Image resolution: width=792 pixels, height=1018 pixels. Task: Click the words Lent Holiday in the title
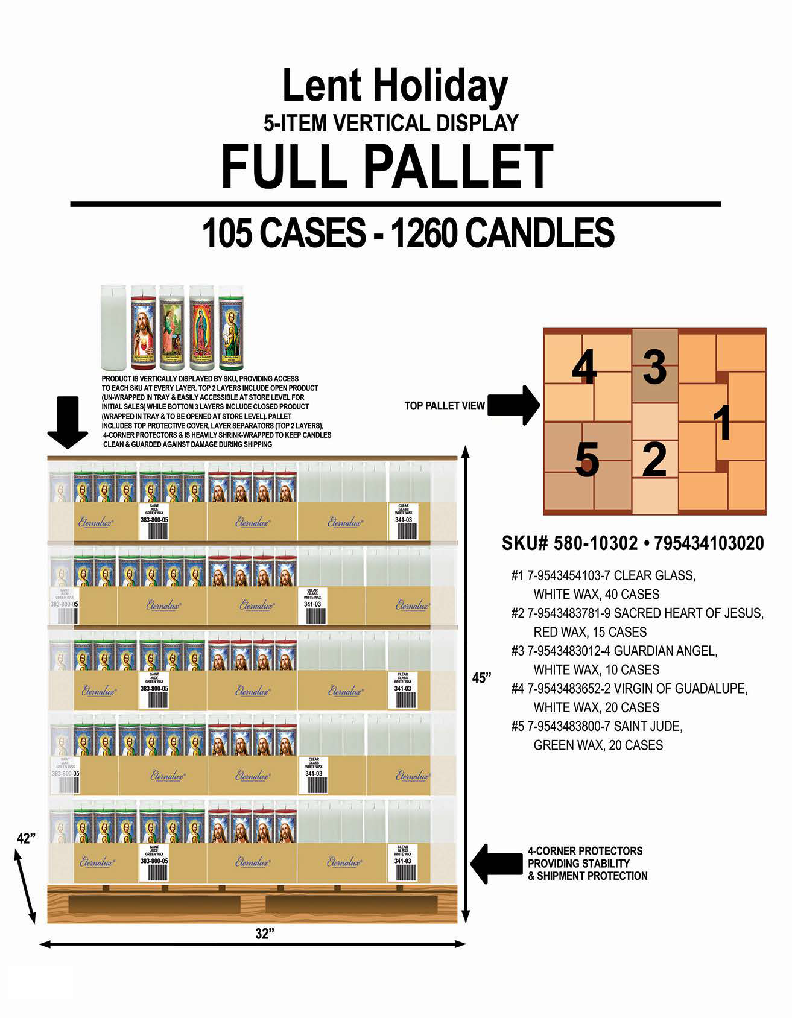click(395, 86)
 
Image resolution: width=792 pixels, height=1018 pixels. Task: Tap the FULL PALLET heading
click(387, 166)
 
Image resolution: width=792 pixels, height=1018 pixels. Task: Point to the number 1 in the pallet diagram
click(723, 423)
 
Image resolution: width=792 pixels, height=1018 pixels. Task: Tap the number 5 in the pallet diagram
click(587, 460)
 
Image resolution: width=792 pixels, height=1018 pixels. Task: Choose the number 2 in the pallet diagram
click(654, 460)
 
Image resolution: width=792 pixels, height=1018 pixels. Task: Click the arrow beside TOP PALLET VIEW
click(513, 405)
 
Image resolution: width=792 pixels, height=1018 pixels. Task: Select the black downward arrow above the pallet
click(68, 422)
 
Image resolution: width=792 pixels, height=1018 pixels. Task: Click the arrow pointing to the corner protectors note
click(496, 864)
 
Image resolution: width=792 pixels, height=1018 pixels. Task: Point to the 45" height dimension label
click(481, 677)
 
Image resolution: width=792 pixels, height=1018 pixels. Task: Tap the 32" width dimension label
click(264, 934)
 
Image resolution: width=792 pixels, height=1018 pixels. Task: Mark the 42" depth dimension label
click(26, 838)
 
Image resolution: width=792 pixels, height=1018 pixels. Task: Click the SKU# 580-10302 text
click(569, 543)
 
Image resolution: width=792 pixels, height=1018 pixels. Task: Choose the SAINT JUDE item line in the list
click(605, 726)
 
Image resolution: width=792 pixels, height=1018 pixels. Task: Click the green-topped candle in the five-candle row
click(230, 327)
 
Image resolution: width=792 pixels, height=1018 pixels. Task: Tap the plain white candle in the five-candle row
click(113, 327)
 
